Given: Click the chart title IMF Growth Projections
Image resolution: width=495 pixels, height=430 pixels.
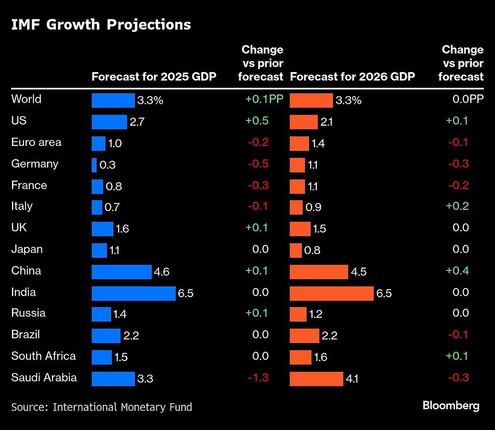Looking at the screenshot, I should click(x=101, y=25).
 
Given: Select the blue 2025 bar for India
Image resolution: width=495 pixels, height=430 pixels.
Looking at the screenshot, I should click(x=133, y=293).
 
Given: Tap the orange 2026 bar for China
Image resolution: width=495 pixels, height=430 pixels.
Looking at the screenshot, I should click(x=319, y=272).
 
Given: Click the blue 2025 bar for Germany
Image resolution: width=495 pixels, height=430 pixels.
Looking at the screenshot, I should click(x=94, y=165).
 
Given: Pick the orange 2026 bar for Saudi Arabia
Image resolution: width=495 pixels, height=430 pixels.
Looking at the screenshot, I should click(x=316, y=378).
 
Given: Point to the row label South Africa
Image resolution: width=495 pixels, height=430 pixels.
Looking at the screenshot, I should click(x=43, y=356).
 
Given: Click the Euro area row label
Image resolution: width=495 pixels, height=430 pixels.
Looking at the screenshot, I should click(x=36, y=143).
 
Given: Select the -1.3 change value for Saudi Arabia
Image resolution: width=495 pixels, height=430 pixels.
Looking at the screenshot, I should click(x=258, y=378).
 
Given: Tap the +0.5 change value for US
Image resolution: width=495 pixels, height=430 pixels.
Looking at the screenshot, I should click(x=257, y=121).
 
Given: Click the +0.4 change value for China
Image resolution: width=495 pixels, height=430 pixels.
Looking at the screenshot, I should click(x=457, y=271).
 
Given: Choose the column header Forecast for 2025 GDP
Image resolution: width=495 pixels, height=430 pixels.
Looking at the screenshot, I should click(x=154, y=77).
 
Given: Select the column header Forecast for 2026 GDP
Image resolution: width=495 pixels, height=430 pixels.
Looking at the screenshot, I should click(x=352, y=77).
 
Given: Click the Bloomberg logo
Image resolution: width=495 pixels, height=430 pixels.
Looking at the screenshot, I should click(x=451, y=406).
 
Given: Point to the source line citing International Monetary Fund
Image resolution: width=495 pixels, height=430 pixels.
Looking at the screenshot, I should click(x=101, y=407).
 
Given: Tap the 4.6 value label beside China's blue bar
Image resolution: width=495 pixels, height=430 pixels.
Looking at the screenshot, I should click(x=162, y=272).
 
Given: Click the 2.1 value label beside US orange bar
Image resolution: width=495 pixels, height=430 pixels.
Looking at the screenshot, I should click(x=326, y=122).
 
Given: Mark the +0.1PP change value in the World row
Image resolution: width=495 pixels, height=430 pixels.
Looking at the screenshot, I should click(x=264, y=99).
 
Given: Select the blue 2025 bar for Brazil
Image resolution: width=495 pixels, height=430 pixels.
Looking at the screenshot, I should click(x=106, y=336).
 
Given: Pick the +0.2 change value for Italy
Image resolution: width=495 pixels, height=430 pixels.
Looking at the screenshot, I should click(x=457, y=206).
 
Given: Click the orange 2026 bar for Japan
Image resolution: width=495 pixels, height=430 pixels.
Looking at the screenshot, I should click(x=296, y=250).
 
